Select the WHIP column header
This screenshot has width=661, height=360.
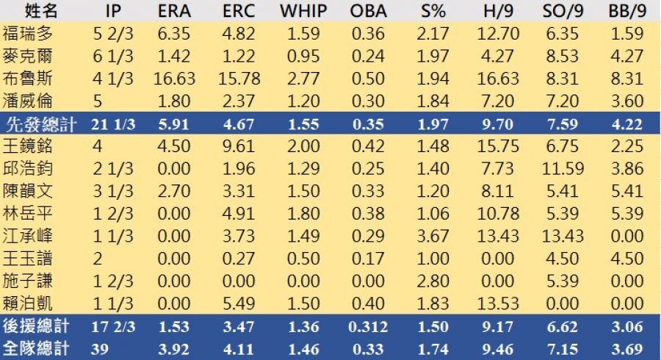(x=303, y=11)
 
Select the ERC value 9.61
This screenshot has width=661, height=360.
(x=239, y=145)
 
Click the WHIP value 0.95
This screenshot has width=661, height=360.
(x=303, y=56)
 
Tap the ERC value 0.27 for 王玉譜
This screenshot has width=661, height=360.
(x=239, y=258)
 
